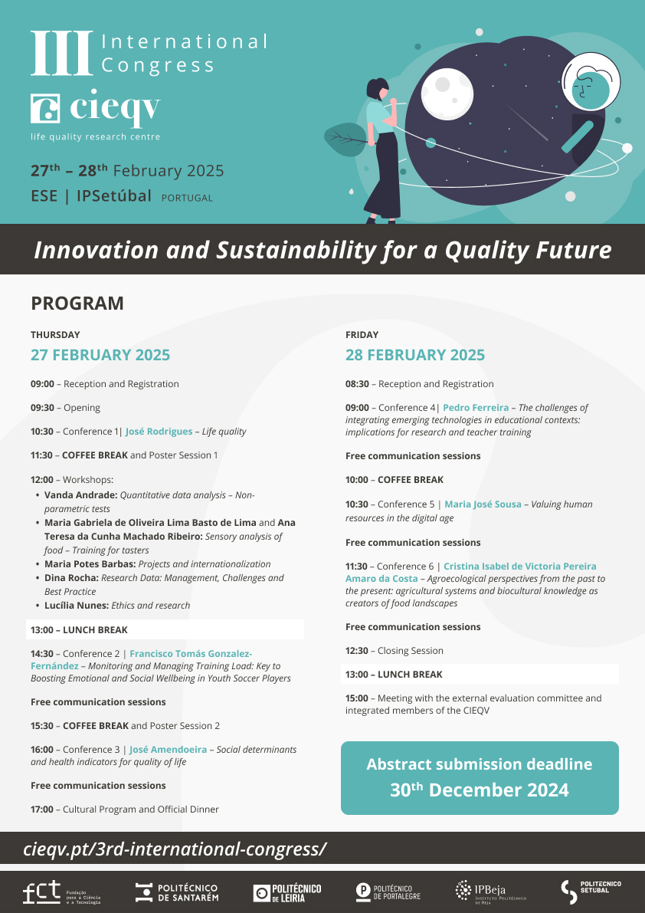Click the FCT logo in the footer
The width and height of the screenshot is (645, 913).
(x=61, y=892)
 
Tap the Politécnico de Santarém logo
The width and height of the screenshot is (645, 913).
(x=177, y=892)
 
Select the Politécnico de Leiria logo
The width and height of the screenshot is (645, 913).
(x=287, y=892)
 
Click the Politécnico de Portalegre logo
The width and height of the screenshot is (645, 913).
(x=388, y=892)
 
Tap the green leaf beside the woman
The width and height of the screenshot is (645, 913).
(x=344, y=140)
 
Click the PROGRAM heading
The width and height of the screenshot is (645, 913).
(x=77, y=304)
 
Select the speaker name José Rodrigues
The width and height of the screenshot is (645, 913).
(x=159, y=432)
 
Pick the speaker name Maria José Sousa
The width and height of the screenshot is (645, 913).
(x=483, y=504)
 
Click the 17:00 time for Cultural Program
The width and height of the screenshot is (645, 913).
(x=42, y=810)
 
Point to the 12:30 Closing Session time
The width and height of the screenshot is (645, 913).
(x=357, y=651)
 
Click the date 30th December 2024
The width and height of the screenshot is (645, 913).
(x=480, y=790)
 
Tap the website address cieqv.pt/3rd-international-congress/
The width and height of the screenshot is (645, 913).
(x=175, y=849)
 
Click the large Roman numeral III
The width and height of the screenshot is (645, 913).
(x=61, y=54)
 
